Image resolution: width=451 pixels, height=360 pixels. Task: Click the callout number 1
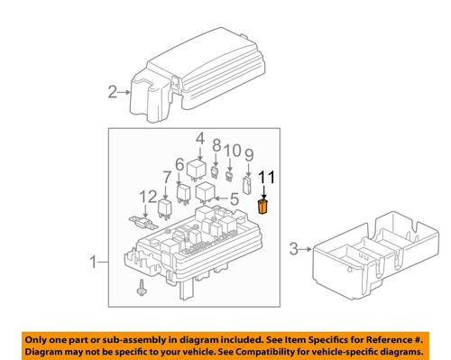pos(93,263)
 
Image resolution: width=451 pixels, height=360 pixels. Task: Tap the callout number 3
pos(294,247)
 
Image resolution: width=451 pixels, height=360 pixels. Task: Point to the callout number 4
pos(199,138)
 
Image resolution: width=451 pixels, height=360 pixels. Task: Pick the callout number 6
pos(180,165)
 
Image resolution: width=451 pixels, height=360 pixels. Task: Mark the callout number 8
pos(216,144)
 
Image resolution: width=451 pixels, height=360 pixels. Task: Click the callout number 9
pos(248,154)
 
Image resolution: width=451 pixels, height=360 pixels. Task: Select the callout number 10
pos(232,149)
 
